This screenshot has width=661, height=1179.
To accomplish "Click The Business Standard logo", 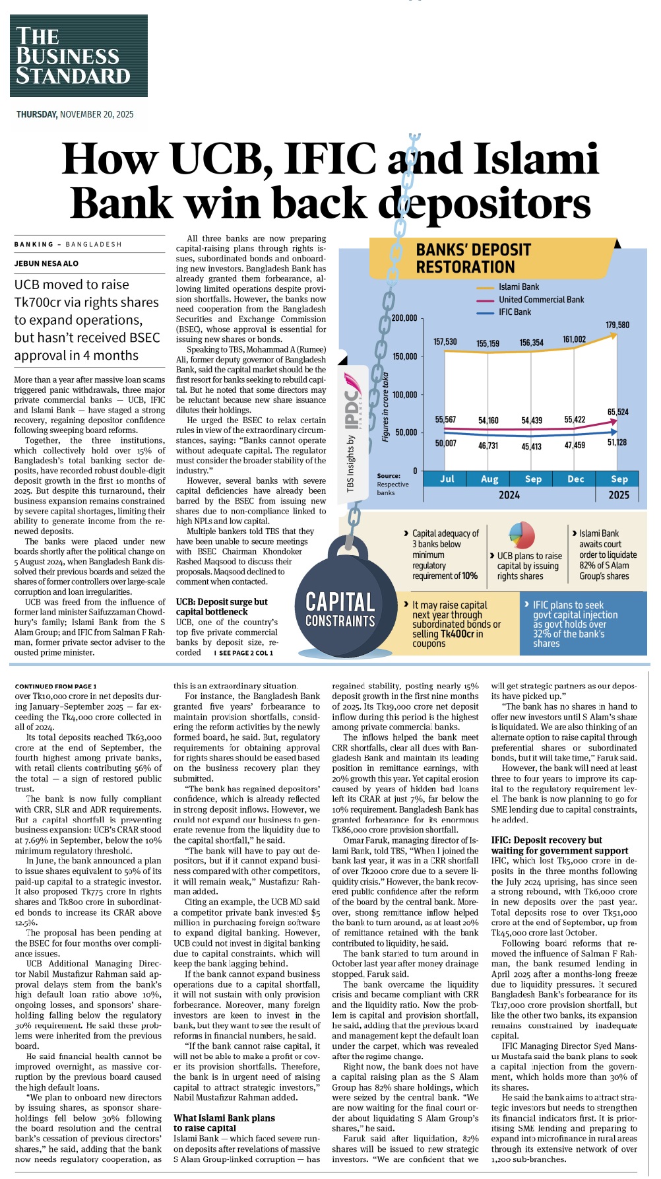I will coord(78,56).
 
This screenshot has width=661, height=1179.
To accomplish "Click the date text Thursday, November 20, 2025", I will coord(75,114).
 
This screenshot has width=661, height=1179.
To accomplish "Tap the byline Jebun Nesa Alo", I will coord(46,263).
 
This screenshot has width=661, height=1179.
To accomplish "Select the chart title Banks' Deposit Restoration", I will coord(473,258).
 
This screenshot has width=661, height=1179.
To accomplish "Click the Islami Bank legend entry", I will coord(518,287).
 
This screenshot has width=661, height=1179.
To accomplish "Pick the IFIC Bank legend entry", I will coord(515,312).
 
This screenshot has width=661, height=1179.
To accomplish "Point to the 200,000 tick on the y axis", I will coord(404,318).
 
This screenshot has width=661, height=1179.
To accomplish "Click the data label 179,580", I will coord(617,325).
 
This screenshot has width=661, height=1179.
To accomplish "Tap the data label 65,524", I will coord(617,412).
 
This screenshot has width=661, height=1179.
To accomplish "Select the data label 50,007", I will coord(445,443).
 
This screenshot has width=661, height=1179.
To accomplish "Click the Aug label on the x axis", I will coord(489,479).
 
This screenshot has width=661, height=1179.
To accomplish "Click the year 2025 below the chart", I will coord(618,495).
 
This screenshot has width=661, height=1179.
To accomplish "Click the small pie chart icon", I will coord(521,535).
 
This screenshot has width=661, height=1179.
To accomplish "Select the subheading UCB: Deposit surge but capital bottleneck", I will coord(222,606).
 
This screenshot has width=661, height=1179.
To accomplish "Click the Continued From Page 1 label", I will coord(55,686).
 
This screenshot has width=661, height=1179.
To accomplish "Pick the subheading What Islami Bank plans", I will coord(224,1118).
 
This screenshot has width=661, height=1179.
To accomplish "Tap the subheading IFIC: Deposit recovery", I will coord(546,840).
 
